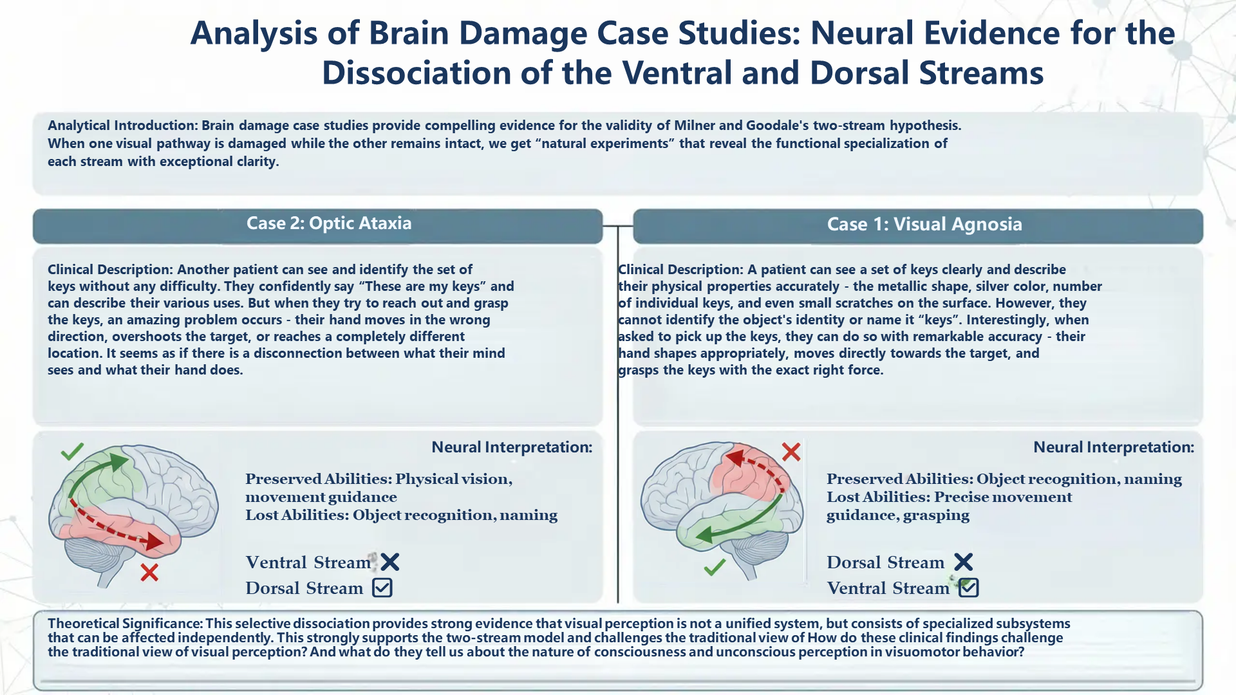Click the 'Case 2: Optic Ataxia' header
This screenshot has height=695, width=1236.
(329, 223)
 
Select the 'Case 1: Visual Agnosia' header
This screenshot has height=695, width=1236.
(924, 224)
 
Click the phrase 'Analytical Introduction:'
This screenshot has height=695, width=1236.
(122, 125)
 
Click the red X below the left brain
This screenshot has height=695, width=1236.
(149, 572)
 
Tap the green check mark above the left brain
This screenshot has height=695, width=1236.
(72, 451)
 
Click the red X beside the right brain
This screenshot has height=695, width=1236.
(791, 452)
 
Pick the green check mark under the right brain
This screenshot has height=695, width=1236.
(715, 567)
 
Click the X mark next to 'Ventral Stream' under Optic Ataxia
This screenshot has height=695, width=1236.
(390, 562)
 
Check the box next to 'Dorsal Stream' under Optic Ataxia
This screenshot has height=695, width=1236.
(382, 588)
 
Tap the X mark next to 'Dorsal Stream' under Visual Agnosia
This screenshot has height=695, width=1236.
(964, 562)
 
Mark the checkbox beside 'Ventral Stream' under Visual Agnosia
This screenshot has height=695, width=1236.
(969, 588)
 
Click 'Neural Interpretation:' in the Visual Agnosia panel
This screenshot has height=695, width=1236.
(1114, 447)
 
